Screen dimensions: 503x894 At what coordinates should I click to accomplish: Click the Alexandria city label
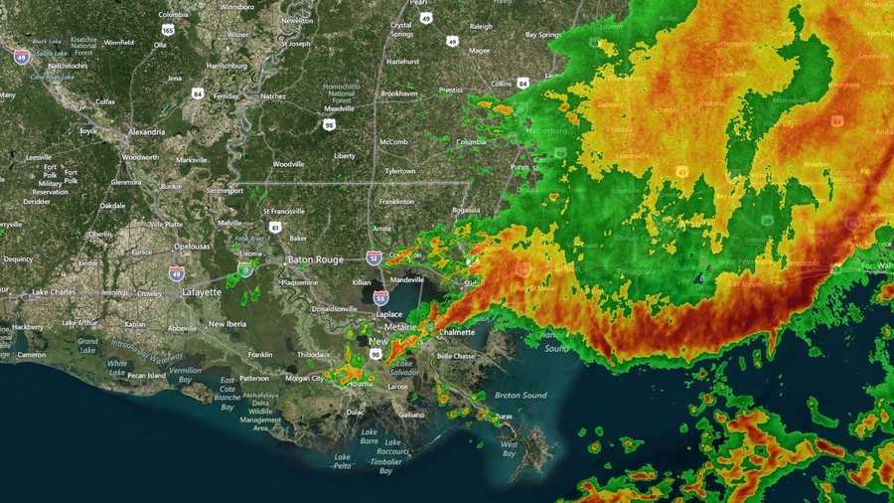146,132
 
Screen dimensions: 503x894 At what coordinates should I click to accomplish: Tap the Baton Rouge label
315,259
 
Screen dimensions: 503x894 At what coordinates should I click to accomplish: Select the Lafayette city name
202,292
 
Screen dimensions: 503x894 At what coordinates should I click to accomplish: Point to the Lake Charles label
54,292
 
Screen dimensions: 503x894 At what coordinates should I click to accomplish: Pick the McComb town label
393,142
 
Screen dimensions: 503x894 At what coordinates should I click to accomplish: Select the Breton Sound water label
521,395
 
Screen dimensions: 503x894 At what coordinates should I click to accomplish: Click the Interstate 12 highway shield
373,257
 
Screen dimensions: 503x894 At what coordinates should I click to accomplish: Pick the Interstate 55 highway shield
380,297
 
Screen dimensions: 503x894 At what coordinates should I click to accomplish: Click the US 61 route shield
275,228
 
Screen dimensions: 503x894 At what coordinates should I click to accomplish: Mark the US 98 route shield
329,124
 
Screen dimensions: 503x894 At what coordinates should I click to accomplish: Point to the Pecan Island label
143,376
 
